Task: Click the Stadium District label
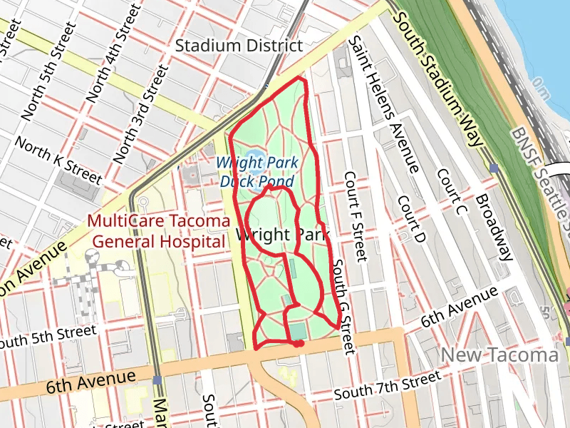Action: tap(239, 46)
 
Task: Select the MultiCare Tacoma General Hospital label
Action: tap(156, 230)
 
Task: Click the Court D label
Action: tap(411, 218)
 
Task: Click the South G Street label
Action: tap(343, 307)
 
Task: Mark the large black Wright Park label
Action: tap(273, 235)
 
